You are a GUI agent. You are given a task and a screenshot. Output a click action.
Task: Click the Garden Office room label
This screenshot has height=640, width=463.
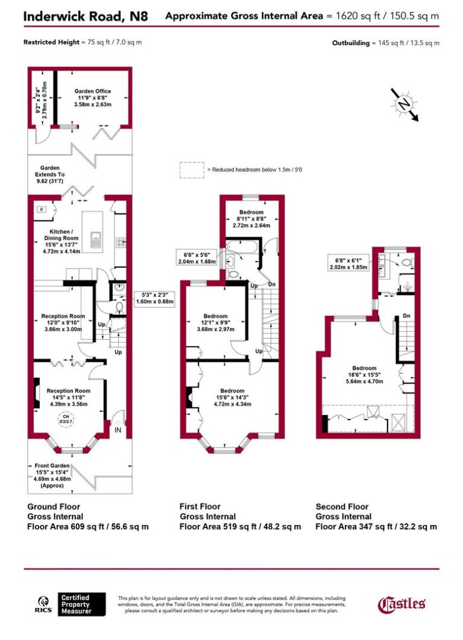(x=92, y=98)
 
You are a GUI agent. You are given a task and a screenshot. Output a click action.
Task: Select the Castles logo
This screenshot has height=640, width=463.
(x=402, y=603)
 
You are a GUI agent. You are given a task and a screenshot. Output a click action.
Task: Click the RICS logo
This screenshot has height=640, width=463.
(x=43, y=604)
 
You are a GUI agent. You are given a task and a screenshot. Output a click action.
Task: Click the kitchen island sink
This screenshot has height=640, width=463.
(x=95, y=240)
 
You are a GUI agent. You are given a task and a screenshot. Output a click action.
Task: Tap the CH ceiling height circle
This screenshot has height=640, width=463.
(x=63, y=420)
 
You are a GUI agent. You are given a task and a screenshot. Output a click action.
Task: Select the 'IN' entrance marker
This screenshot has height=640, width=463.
(x=119, y=430)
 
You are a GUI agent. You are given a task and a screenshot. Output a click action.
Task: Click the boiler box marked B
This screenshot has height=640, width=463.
(x=42, y=209)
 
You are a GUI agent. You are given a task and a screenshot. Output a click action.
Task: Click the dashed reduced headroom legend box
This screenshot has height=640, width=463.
(x=191, y=170)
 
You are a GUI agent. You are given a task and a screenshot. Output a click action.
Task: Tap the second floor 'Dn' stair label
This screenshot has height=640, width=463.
(x=407, y=315)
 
